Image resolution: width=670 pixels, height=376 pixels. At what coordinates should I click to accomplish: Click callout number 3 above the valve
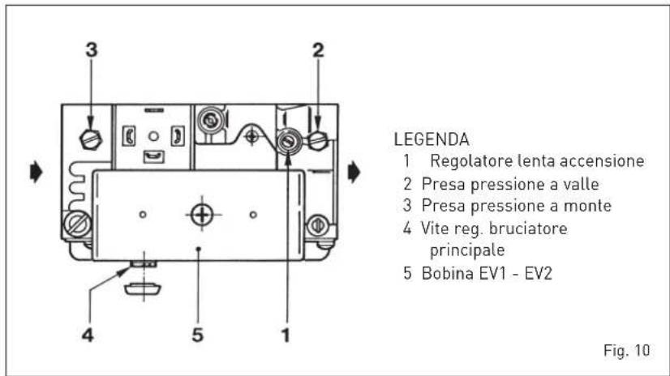(92, 50)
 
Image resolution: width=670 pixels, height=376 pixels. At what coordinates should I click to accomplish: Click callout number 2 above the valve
(318, 50)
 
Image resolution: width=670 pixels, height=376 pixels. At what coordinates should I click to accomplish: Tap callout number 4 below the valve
(88, 335)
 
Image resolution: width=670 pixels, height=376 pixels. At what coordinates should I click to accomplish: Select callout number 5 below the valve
(197, 335)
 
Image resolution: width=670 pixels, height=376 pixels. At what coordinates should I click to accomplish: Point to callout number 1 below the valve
(286, 335)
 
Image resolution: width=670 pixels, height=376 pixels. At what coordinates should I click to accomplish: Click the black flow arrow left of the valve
(37, 172)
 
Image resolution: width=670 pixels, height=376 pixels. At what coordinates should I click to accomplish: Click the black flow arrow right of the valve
(354, 172)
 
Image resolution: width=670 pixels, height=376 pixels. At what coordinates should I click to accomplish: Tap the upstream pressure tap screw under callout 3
(91, 139)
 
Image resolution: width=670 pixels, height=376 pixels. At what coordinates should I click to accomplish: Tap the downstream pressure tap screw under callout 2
(318, 140)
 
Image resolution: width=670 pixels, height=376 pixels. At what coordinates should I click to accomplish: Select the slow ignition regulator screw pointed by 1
(289, 142)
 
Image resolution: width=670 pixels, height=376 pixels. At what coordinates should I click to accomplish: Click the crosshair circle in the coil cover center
(202, 214)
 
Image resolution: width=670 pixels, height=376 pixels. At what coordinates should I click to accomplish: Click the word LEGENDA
(432, 139)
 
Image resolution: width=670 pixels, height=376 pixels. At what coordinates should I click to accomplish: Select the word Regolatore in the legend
(471, 161)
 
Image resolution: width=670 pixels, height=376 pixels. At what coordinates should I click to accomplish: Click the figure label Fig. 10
(627, 350)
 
